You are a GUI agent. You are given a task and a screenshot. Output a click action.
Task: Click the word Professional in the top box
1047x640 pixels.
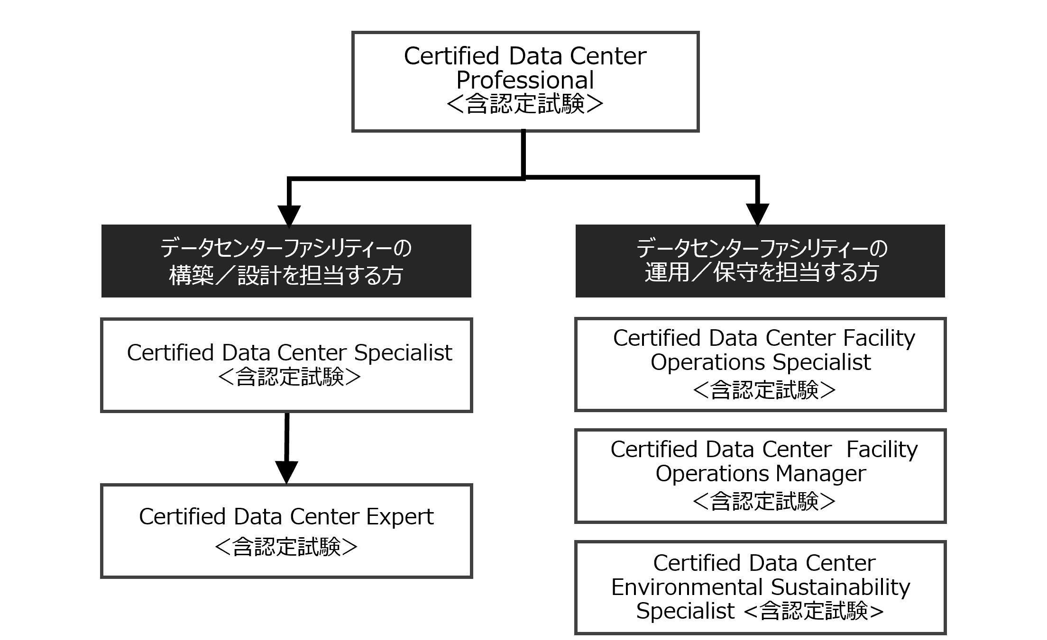[x=525, y=80]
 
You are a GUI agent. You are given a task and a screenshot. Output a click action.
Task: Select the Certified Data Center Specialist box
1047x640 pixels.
[x=286, y=365]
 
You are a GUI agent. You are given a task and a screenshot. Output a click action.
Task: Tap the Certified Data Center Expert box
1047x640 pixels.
[x=286, y=531]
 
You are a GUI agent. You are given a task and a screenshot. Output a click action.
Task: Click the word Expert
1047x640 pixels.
[x=400, y=517]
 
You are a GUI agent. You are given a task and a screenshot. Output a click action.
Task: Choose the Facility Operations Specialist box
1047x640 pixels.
[x=760, y=364]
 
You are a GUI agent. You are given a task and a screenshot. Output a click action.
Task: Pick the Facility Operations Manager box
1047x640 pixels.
[x=760, y=476]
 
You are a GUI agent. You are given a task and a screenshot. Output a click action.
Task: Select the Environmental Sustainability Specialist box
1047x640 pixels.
[x=760, y=587]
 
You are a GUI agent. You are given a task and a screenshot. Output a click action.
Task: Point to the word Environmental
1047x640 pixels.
[x=688, y=587]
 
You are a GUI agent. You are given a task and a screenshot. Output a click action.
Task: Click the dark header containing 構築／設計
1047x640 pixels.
[x=286, y=261]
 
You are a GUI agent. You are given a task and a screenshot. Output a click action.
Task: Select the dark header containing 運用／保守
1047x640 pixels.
[x=760, y=261]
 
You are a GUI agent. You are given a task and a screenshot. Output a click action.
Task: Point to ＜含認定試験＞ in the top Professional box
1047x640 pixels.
[x=525, y=104]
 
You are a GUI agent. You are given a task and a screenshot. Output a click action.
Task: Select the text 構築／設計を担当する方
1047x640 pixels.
[x=286, y=275]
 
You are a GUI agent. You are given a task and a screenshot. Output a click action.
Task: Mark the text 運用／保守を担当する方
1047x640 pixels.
[x=762, y=273]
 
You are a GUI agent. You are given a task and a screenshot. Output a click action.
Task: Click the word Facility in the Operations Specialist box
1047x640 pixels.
[x=879, y=338]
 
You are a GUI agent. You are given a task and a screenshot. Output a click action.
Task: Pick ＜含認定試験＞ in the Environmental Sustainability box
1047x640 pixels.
[x=814, y=611]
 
